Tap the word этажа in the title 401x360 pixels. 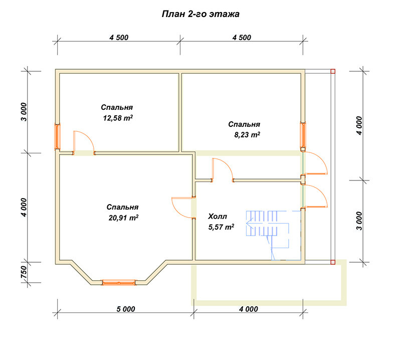point(224,14)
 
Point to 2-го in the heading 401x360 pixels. point(197,14)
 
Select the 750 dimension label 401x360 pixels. point(23,272)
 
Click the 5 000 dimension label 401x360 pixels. point(126,309)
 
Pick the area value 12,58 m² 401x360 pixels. point(118,118)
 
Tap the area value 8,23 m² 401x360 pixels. point(247,134)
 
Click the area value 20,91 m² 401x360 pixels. point(123,218)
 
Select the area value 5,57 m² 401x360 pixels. point(221,227)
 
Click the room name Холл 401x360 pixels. point(218,217)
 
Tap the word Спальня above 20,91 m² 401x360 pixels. point(122,207)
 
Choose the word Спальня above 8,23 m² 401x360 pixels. point(244,124)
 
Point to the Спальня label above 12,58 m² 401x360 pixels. point(117,107)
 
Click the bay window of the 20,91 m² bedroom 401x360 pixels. point(119,283)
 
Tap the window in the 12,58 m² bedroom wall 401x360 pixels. point(57,137)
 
